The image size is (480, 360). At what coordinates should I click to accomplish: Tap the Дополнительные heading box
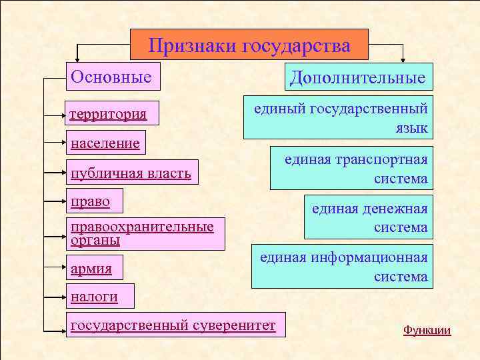358,77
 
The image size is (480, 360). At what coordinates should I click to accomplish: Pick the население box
105,143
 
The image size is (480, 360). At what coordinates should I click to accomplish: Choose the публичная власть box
131,173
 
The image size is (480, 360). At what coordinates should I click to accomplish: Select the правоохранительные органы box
143,233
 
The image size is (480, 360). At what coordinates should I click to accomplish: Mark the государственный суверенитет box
173,325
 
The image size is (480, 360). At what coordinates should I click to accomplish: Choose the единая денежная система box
369,218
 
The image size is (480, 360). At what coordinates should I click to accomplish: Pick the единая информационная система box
342,266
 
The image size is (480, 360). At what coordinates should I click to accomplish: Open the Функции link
427,330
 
